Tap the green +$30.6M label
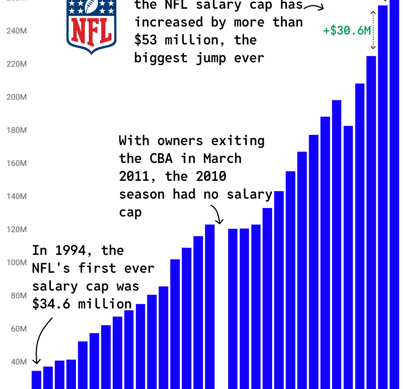(347, 30)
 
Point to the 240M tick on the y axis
(17, 31)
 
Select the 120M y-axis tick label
(17, 229)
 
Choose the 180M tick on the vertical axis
(17, 130)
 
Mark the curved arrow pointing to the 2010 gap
(216, 214)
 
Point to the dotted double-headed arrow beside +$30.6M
(373, 30)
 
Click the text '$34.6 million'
(82, 304)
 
